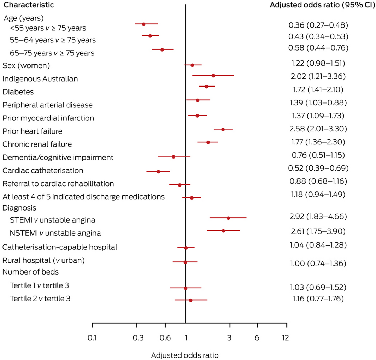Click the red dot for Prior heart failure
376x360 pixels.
(223, 129)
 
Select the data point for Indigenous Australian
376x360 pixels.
(213, 75)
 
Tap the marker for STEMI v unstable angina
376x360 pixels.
(228, 218)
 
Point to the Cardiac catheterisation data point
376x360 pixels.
(158, 171)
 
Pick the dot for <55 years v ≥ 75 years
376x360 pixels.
(143, 24)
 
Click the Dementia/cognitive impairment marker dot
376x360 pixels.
(174, 157)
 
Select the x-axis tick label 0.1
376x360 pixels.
(92, 338)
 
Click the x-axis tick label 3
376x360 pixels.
(229, 338)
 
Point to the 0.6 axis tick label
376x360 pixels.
(165, 338)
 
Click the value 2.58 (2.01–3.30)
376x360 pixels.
(318, 128)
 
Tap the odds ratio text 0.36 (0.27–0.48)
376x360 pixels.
(318, 25)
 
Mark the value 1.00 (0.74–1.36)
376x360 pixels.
(318, 264)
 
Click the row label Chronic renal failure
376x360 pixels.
(37, 144)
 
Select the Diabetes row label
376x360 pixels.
(18, 92)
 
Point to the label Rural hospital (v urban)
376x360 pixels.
(44, 261)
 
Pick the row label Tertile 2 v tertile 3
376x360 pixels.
(40, 299)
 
